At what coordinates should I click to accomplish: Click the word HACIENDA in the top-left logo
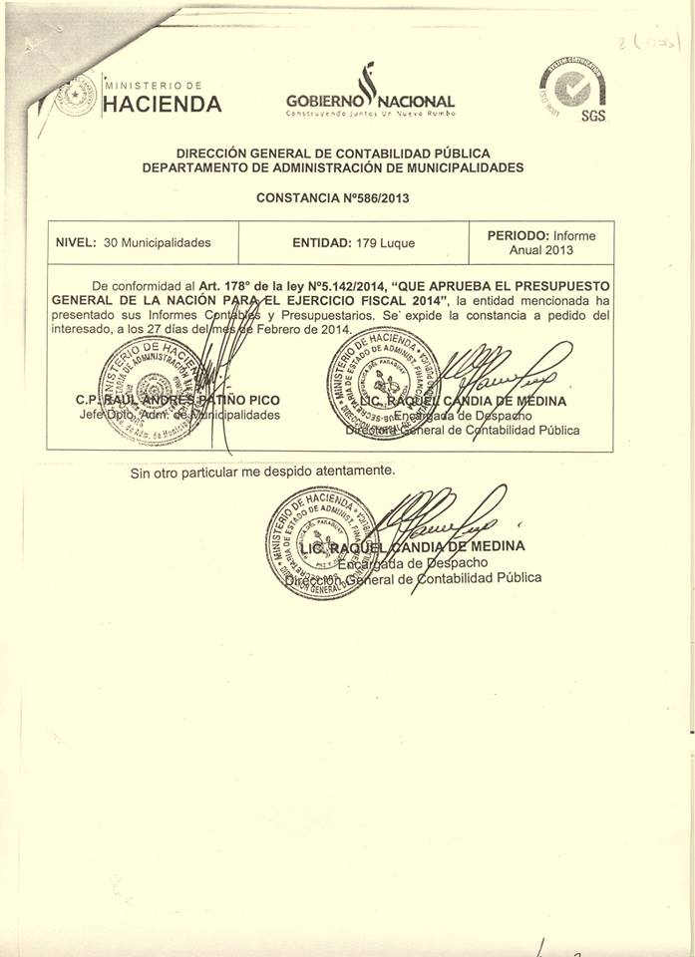[163, 105]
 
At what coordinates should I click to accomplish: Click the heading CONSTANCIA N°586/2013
[332, 197]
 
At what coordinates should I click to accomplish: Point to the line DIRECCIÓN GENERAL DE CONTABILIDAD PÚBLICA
[333, 154]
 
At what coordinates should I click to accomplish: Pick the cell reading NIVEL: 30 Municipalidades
[133, 242]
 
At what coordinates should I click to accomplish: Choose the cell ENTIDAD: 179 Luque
[354, 242]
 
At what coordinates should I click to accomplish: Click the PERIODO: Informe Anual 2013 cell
[541, 242]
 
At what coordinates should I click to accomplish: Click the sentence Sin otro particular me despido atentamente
[262, 471]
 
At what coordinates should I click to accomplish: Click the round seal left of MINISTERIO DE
[77, 95]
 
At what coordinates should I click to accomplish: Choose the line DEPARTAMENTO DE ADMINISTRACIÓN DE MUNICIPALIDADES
[333, 167]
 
